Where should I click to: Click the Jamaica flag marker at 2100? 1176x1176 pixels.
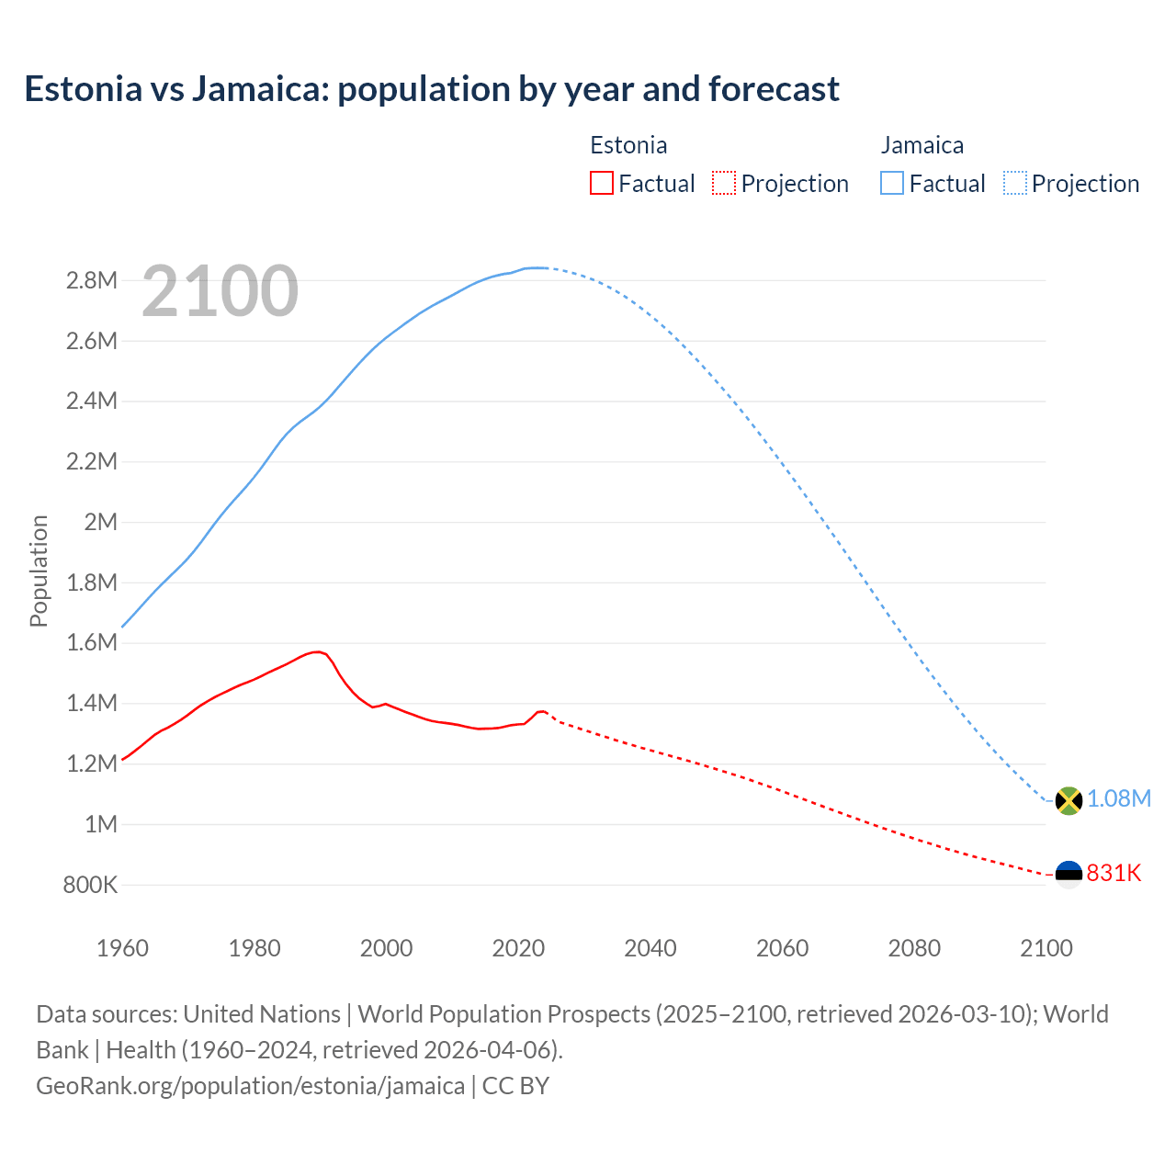coord(1069,800)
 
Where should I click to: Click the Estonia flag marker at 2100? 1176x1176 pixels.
coord(1069,874)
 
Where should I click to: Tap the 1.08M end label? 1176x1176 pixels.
coord(1119,798)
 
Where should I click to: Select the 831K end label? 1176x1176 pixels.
coord(1114,873)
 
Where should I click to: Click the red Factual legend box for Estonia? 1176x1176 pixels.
coord(602,183)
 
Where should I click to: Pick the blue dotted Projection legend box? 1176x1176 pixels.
coord(1015,183)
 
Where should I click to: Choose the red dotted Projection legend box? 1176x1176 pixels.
coord(724,183)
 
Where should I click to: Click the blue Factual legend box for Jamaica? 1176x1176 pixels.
coord(892,183)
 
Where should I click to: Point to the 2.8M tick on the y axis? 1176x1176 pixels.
coord(92,280)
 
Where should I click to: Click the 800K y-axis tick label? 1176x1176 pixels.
coord(90,885)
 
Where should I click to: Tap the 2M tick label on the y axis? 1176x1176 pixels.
coord(100,522)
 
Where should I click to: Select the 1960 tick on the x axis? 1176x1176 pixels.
coord(122,948)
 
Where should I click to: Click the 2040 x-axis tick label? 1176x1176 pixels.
coord(650,948)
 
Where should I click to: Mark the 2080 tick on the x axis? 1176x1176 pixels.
coord(914,948)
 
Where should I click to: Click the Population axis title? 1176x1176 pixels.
coord(39,571)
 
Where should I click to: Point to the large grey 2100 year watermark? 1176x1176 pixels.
coord(220,291)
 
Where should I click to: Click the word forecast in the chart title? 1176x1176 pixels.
coord(775,89)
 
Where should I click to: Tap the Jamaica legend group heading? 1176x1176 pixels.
coord(922,145)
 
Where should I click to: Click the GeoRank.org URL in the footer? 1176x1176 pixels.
coord(250,1085)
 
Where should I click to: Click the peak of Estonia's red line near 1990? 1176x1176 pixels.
coord(317,651)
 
